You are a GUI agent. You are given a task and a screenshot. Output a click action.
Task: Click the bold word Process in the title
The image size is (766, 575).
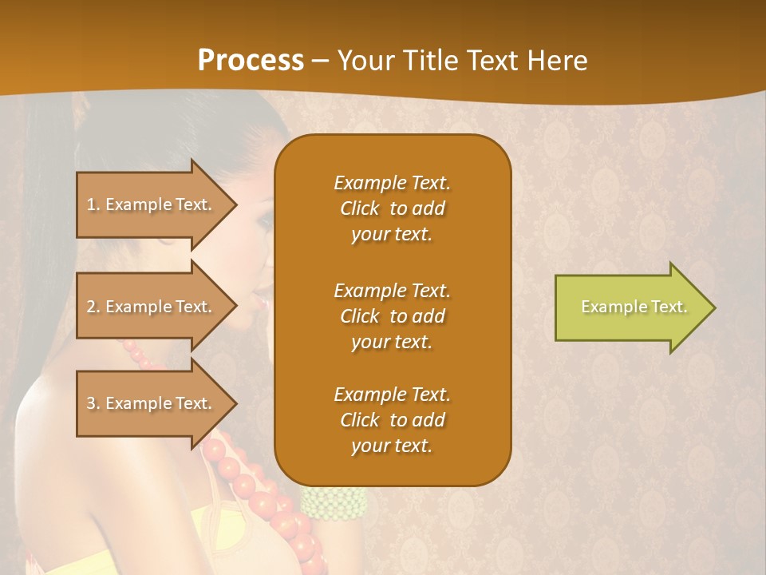251,60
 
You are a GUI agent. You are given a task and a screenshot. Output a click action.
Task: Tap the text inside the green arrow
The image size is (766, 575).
634,307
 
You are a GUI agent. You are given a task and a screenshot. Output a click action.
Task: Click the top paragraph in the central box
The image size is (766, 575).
392,208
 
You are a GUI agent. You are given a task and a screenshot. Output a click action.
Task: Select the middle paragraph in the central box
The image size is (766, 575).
392,316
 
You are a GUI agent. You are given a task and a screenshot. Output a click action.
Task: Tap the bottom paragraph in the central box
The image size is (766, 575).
392,420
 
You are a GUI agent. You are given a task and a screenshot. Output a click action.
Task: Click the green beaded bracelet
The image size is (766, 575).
334,502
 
